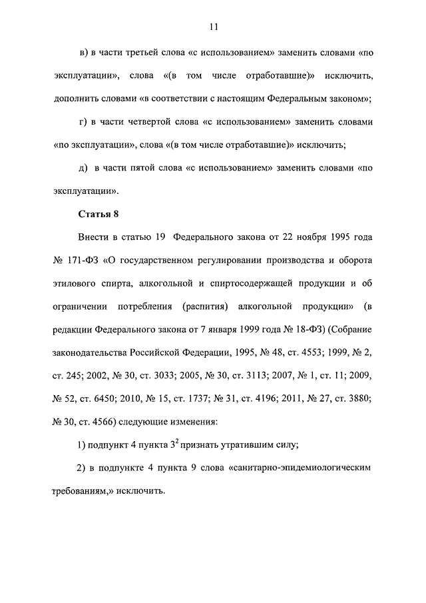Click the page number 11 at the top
click(212, 27)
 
